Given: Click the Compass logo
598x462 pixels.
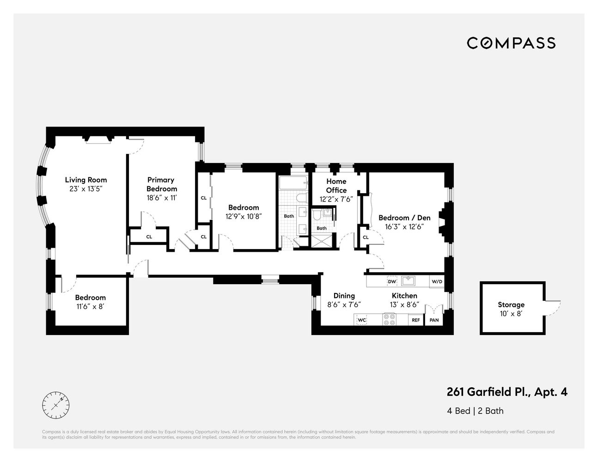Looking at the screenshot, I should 511,43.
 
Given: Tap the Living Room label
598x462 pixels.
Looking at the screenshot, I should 85,180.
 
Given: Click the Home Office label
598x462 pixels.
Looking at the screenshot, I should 336,186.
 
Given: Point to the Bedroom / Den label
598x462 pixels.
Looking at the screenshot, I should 404,218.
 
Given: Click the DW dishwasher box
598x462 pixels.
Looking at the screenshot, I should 392,281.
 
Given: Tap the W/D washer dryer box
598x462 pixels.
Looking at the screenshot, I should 436,281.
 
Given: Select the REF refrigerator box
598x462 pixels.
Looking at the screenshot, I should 415,320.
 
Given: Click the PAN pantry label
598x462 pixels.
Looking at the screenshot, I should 434,320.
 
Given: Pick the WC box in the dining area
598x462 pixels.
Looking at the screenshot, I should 362,320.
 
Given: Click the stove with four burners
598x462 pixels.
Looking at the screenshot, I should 389,319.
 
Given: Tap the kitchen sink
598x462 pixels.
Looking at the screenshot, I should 409,281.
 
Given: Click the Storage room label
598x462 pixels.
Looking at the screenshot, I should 511,304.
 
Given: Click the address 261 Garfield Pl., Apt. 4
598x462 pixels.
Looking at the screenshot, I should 507,392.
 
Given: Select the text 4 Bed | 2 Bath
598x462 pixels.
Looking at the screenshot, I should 475,411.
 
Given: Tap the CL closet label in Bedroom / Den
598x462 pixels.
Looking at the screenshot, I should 366,237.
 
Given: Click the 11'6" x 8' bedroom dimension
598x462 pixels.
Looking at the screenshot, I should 91,306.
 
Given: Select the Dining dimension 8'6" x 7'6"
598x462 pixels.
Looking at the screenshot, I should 344,304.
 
